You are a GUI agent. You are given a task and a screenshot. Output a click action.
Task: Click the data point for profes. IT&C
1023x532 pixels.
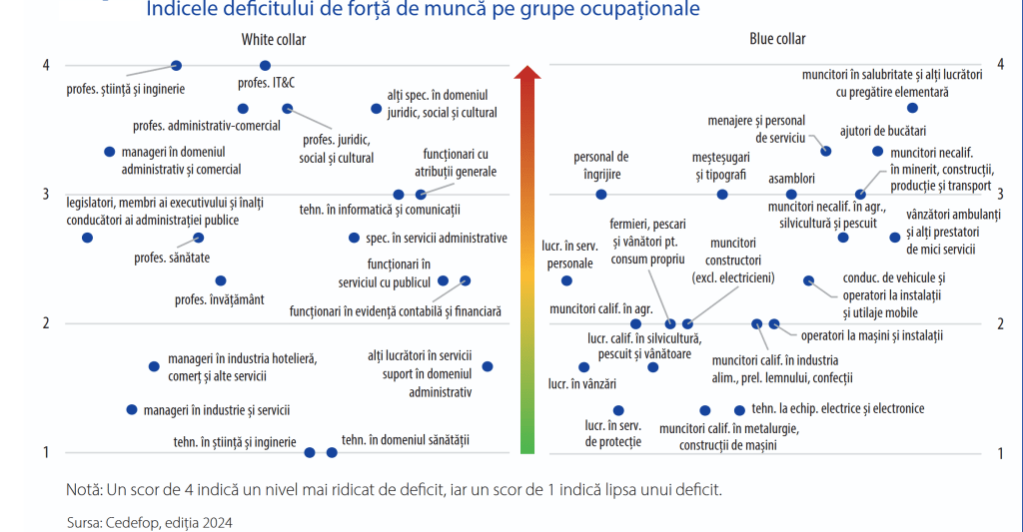coord(265,66)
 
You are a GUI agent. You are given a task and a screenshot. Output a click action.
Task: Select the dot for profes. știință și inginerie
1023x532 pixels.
coord(177,66)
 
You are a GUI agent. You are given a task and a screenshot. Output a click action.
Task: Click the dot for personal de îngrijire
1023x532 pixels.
coord(600,195)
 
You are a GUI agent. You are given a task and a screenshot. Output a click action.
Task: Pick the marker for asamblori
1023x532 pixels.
coord(791,195)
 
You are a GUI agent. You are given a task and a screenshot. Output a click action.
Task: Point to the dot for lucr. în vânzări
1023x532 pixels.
coord(584,367)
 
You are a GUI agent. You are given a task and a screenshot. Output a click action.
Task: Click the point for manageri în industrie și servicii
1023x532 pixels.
coord(131,409)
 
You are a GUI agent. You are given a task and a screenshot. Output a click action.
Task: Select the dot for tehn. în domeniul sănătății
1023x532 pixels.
coord(332,453)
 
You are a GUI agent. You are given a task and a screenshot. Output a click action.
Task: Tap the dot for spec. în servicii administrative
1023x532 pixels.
coord(354,238)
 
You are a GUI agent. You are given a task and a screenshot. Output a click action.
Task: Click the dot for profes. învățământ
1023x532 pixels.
coord(221,280)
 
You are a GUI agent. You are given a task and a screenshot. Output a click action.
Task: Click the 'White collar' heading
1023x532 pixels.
coord(273,40)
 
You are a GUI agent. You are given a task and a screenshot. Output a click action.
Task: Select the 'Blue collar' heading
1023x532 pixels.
coord(777,39)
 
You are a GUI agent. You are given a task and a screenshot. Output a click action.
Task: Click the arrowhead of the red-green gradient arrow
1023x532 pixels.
coord(526,72)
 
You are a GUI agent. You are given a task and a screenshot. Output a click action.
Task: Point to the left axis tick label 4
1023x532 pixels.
coord(45,66)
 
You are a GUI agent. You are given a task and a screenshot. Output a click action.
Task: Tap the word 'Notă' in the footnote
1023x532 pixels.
coord(83,490)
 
